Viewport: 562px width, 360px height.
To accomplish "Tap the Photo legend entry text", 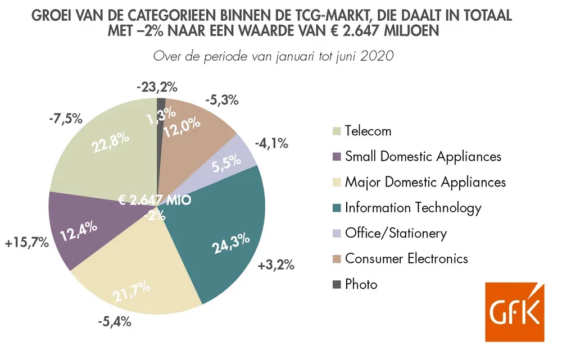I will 361,284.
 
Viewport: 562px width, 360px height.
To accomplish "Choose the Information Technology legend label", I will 413,208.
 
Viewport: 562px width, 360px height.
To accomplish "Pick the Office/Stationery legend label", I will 396,233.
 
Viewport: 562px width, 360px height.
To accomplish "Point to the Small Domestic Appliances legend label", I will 423,156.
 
